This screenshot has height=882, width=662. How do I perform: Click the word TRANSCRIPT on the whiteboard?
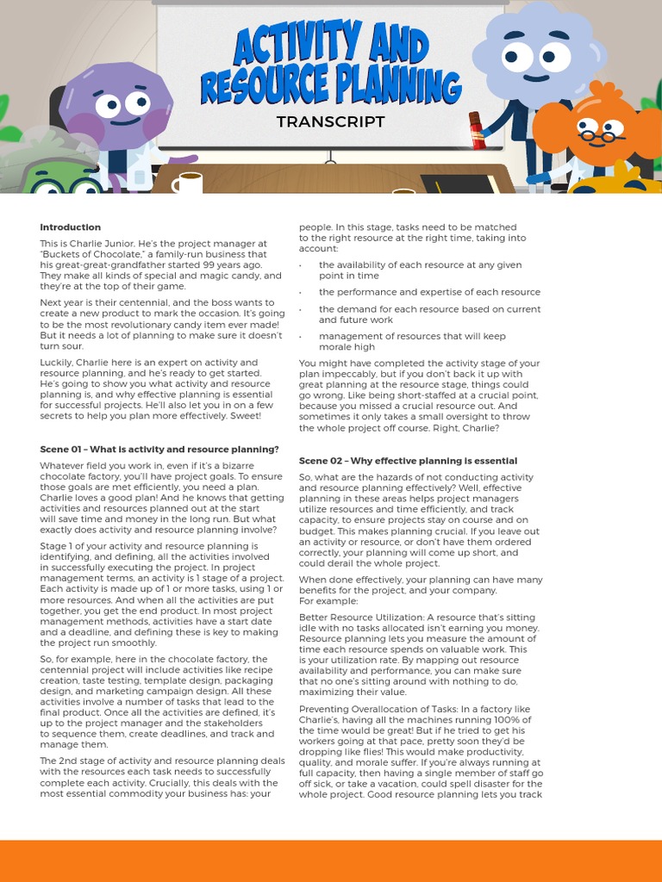[x=330, y=121]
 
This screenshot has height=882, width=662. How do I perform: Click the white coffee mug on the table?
[x=186, y=183]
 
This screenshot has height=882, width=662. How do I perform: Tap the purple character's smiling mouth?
[x=123, y=122]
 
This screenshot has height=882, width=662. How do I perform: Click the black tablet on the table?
[x=457, y=183]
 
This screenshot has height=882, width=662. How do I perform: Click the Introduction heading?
[x=70, y=227]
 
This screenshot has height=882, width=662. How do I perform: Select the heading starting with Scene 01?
[x=159, y=450]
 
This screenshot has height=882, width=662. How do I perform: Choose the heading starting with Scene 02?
[x=408, y=461]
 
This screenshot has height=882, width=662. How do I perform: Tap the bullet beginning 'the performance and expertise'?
[x=429, y=292]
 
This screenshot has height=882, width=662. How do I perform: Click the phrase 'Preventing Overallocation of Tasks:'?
[x=374, y=709]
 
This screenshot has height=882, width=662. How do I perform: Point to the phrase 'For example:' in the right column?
[x=325, y=601]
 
